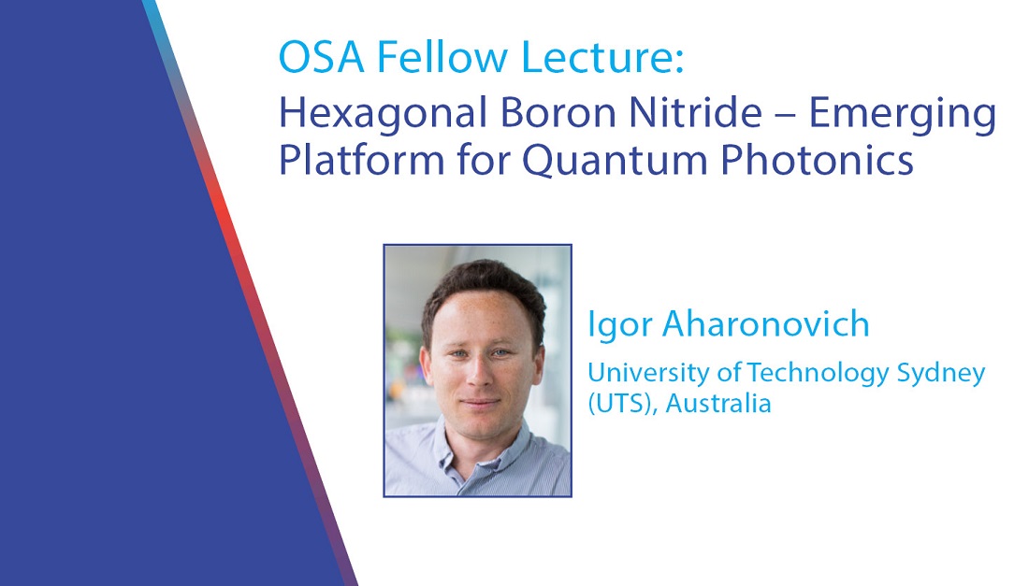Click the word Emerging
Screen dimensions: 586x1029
click(902, 116)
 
